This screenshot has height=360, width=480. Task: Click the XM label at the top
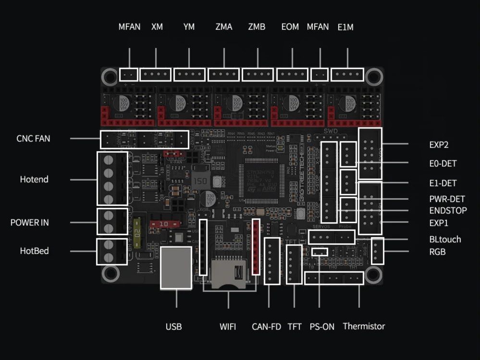tap(157, 27)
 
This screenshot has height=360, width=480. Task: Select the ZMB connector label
tap(257, 27)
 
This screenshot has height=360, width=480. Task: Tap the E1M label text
tap(345, 27)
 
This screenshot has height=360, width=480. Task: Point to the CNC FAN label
tap(33, 139)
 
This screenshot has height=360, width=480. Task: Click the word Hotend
tap(34, 180)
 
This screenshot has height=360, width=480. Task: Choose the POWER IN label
tap(30, 223)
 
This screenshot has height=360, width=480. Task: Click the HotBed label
tap(34, 251)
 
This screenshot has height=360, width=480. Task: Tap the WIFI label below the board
tap(228, 327)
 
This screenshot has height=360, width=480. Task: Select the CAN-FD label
tap(266, 327)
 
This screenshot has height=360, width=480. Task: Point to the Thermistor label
tap(364, 326)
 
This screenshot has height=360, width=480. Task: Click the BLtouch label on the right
tap(444, 240)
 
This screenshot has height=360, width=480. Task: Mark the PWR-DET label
tap(446, 199)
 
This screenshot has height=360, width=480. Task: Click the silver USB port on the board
tap(175, 268)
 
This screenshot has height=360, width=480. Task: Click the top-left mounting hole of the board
tap(111, 75)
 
